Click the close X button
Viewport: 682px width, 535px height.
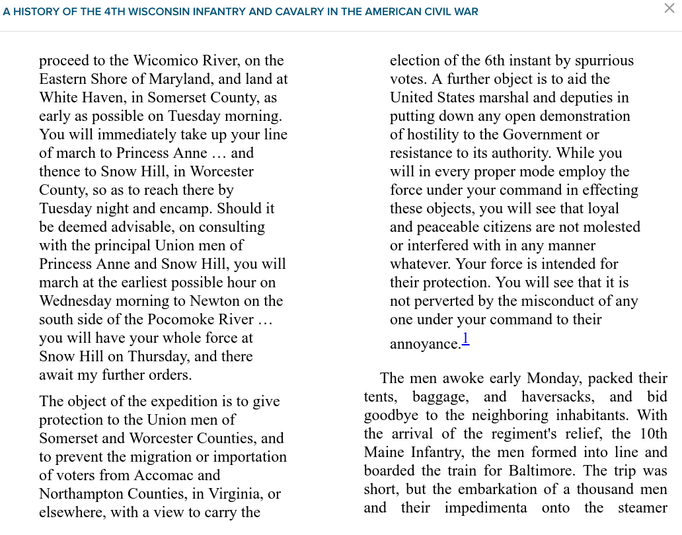[669, 8]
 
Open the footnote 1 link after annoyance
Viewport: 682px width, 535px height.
[465, 339]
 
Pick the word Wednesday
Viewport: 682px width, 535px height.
[75, 301]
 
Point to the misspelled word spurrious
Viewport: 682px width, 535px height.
[604, 61]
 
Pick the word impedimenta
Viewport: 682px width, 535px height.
[486, 508]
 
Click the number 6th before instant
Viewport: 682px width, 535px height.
[494, 61]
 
